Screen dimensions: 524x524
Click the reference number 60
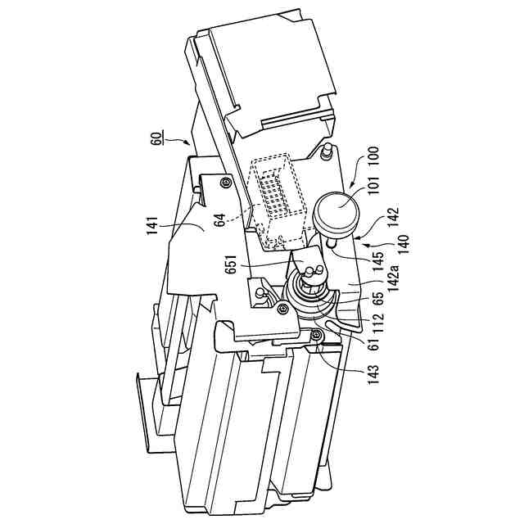pos(156,132)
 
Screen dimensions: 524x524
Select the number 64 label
pos(220,217)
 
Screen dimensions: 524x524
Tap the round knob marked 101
pos(337,211)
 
